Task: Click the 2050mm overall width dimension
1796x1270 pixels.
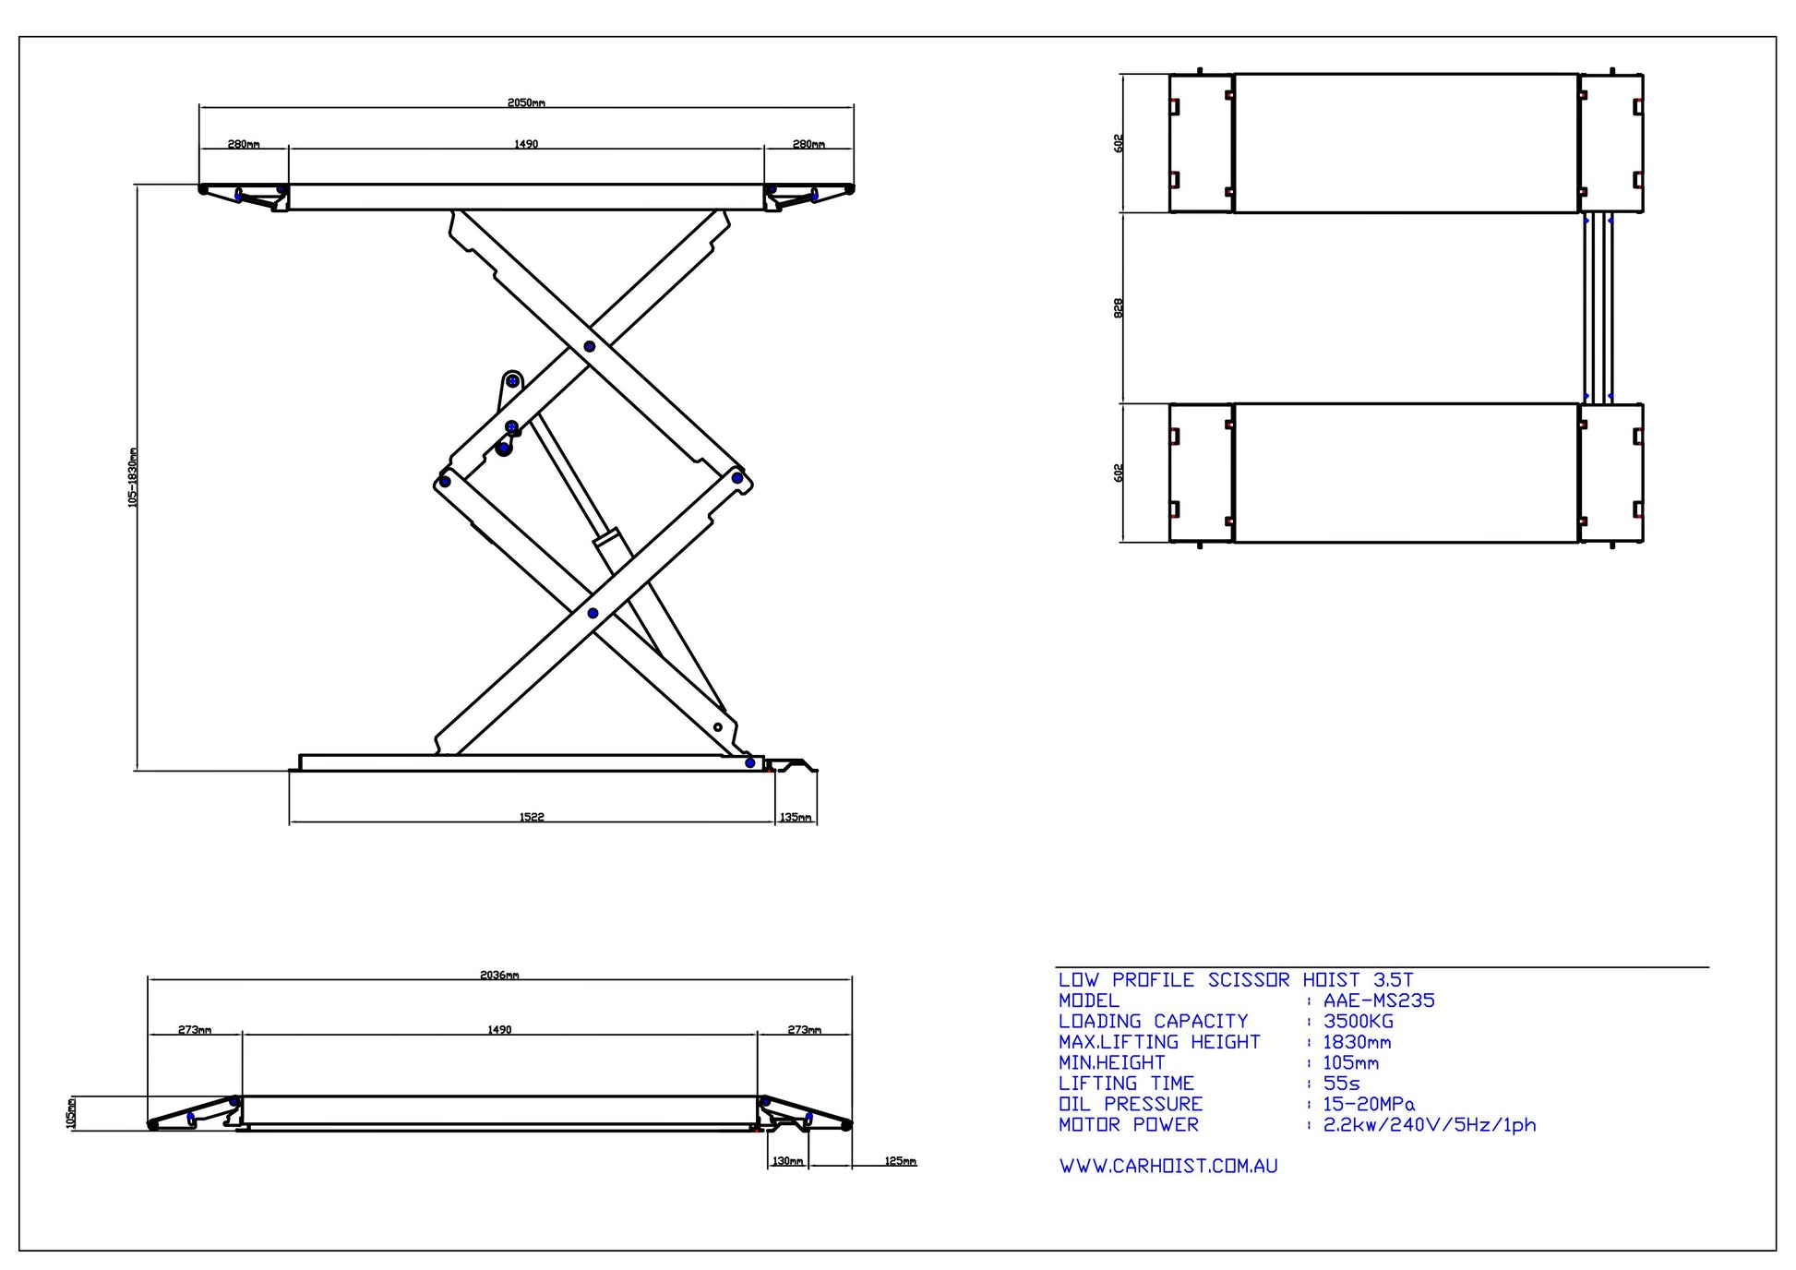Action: pos(526,102)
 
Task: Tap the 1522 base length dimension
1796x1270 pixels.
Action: pos(532,817)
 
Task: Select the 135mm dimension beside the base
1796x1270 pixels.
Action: pos(796,817)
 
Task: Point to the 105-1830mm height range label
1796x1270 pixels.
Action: pos(133,477)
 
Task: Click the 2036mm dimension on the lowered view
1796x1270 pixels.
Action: pos(499,975)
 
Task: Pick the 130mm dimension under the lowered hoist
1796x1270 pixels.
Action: pos(787,1161)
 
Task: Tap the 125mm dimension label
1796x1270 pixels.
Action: pos(900,1161)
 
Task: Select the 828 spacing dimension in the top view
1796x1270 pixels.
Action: pos(1119,307)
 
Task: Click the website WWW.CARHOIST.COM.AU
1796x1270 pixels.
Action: pos(1168,1167)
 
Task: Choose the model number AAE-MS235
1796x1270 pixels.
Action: pos(1379,1000)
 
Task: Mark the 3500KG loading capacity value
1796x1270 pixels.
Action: pos(1359,1022)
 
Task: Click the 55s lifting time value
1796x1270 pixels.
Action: pos(1341,1084)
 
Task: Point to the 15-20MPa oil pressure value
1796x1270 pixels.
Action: pos(1369,1104)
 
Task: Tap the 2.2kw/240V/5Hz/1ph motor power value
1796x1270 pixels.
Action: pos(1430,1125)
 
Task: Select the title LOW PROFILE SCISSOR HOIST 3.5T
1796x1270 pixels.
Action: pos(1235,980)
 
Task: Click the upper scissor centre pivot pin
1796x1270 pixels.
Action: pos(589,346)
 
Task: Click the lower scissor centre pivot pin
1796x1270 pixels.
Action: pos(593,613)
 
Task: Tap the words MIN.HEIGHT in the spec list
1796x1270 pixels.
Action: pos(1111,1063)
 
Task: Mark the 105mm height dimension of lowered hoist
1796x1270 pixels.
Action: pos(71,1114)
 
